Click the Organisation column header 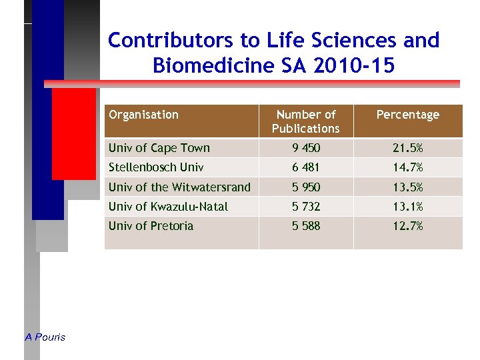(x=143, y=115)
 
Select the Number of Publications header (x=306, y=121)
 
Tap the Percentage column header (x=407, y=115)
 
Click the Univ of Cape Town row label (x=159, y=148)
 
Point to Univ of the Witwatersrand (x=179, y=187)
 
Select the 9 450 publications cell (x=306, y=148)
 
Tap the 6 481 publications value (x=306, y=167)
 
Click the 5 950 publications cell (x=306, y=187)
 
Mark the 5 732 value (x=306, y=207)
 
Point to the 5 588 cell (x=306, y=226)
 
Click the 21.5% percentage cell (x=407, y=148)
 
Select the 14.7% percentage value (x=407, y=167)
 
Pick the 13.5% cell (x=407, y=187)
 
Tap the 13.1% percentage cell (x=407, y=207)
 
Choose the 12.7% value (x=407, y=226)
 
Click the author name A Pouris (x=45, y=337)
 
